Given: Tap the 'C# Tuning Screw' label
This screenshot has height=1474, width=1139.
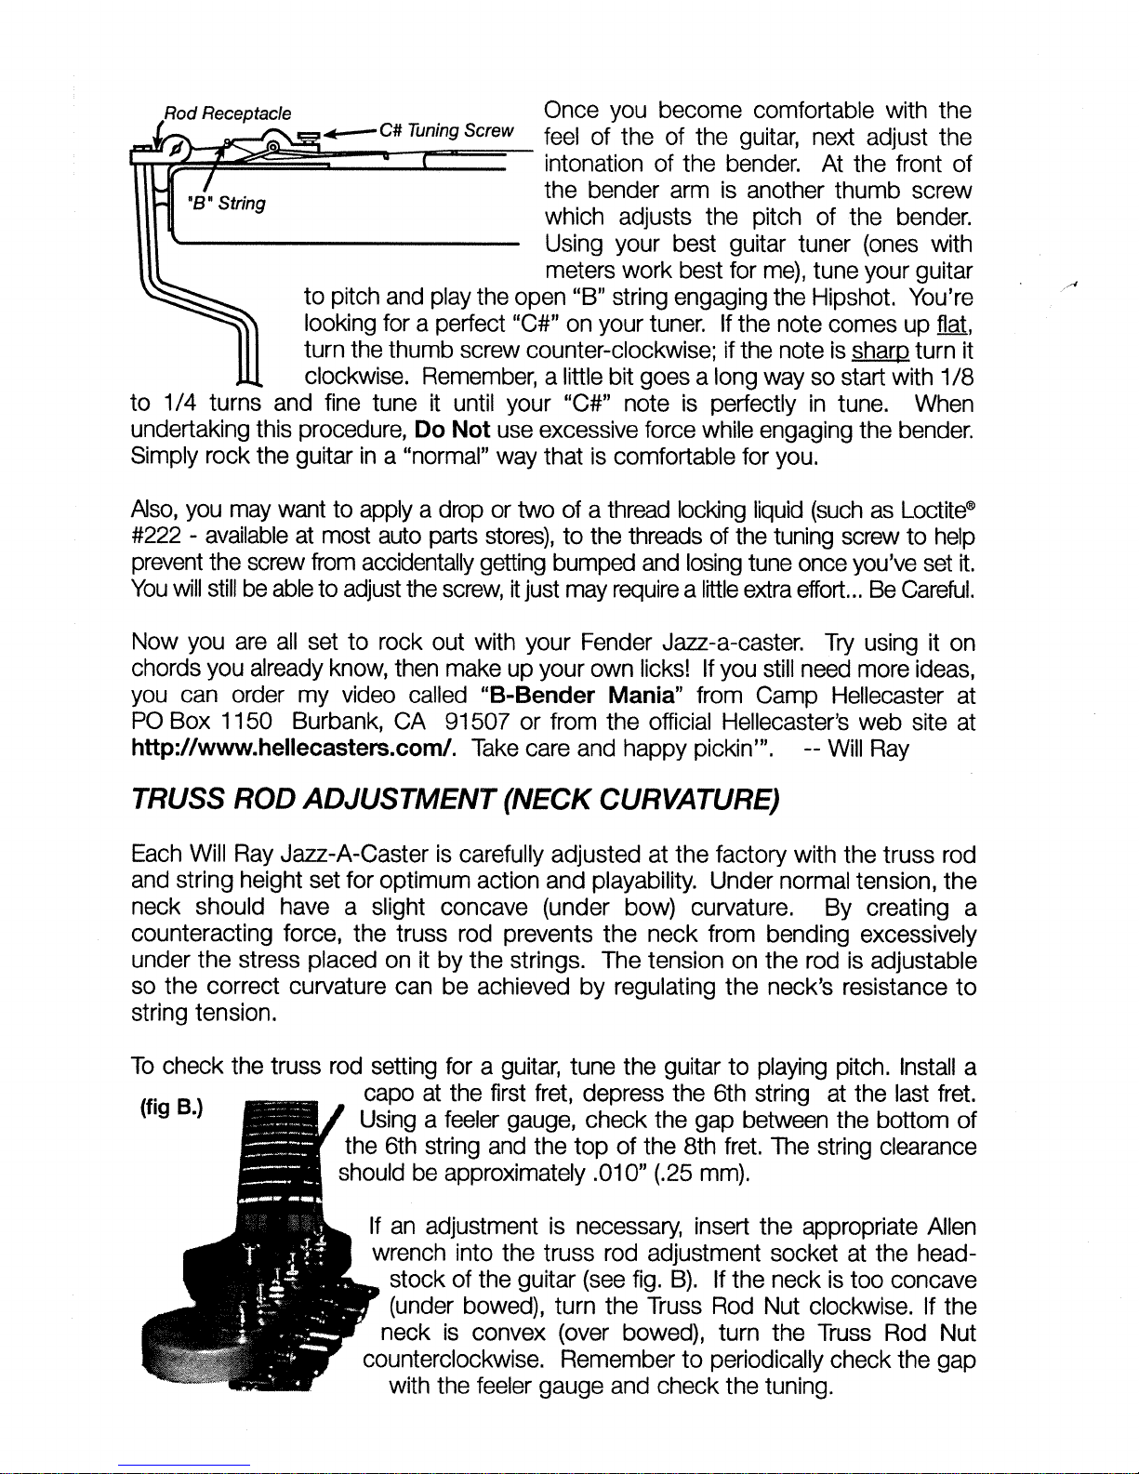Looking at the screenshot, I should click(446, 130).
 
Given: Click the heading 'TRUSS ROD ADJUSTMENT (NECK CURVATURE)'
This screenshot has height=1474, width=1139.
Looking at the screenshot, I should click(455, 800).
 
